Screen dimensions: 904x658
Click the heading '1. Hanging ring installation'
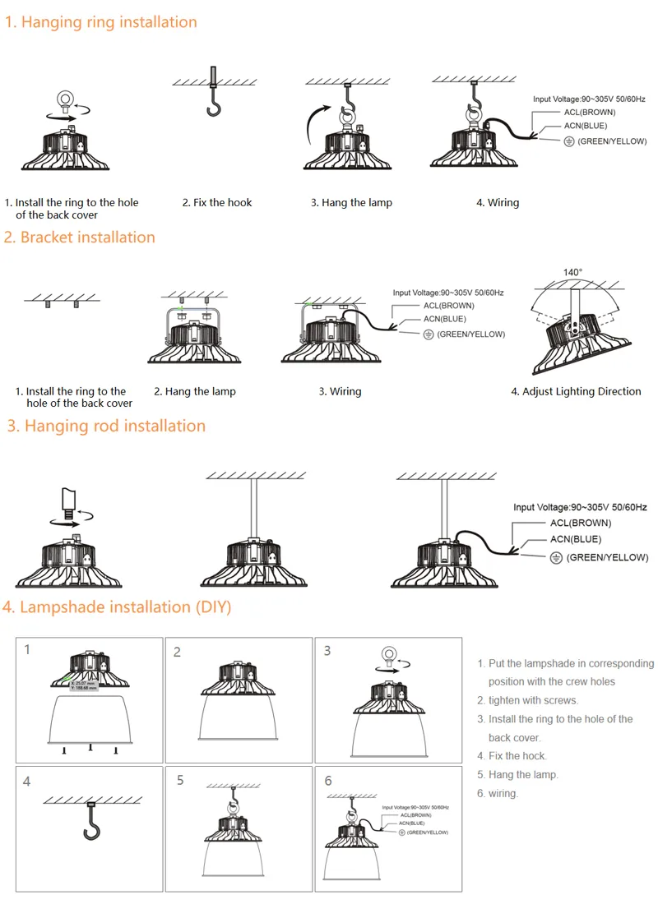(100, 22)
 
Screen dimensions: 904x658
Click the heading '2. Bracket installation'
(79, 238)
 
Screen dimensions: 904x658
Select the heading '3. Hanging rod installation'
(106, 426)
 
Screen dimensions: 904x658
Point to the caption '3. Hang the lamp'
(351, 203)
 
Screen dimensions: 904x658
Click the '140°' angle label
(572, 272)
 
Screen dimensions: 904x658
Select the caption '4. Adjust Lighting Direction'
(576, 392)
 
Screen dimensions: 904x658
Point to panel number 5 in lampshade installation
(180, 780)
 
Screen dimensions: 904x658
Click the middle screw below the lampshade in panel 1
(90, 748)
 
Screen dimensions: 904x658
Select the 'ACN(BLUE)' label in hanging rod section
(575, 540)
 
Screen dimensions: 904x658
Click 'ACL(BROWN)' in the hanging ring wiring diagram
(588, 112)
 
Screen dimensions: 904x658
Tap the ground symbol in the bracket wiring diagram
(428, 334)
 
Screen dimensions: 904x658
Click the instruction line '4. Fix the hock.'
(512, 756)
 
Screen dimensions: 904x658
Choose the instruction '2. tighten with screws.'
(527, 700)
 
